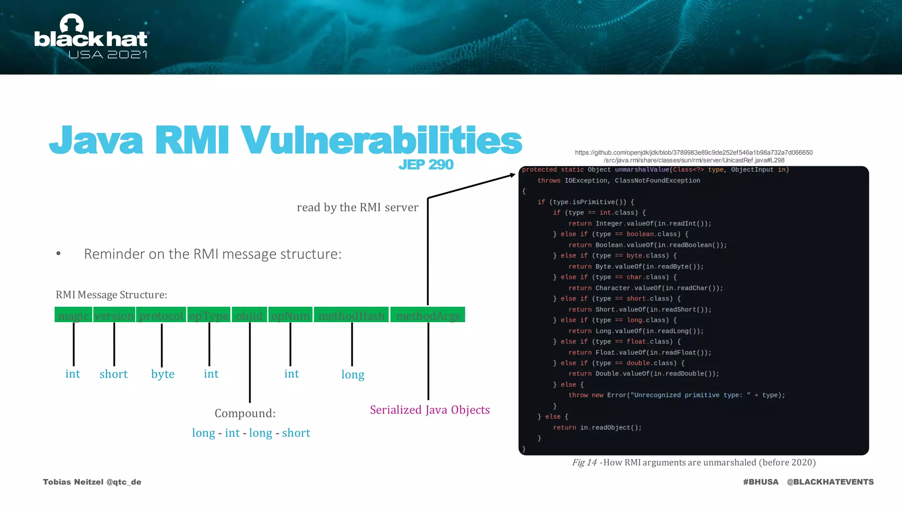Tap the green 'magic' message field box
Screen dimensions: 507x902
tap(73, 315)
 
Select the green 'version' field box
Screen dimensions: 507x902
tap(114, 315)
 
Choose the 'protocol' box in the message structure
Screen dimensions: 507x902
tap(161, 315)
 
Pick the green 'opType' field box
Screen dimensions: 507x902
tap(209, 315)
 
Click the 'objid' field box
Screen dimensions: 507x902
tap(249, 315)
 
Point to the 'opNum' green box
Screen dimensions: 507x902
tap(290, 315)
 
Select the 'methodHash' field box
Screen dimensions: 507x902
tap(351, 315)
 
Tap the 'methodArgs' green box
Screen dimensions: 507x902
tap(428, 315)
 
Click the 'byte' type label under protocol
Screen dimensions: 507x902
tap(163, 374)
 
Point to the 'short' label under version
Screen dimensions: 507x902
tap(114, 374)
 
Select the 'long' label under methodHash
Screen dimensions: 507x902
tap(353, 375)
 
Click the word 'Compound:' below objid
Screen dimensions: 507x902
tap(245, 413)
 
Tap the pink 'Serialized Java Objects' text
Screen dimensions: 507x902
tap(430, 410)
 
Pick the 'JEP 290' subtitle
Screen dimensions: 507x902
tap(426, 165)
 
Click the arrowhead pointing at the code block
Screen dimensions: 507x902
tap(512, 175)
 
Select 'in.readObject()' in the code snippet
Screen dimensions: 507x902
tap(610, 427)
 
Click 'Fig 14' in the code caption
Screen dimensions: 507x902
tap(584, 463)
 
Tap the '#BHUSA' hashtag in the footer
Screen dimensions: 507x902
tap(761, 482)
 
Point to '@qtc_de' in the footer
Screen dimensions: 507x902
tap(124, 482)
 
